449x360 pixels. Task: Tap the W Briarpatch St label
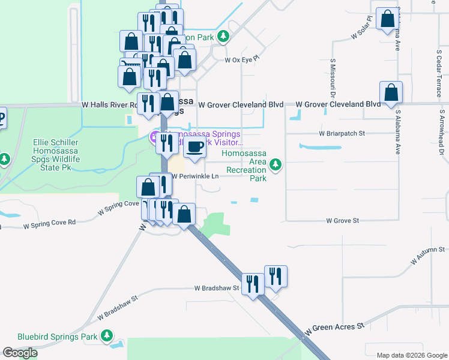342,133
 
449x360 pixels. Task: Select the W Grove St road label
342,221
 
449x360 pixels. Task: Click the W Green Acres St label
334,328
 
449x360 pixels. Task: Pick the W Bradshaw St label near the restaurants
217,288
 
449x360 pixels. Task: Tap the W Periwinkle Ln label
196,176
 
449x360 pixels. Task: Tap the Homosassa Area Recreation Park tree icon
276,164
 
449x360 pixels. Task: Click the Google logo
20,353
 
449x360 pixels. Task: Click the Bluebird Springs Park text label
57,337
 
